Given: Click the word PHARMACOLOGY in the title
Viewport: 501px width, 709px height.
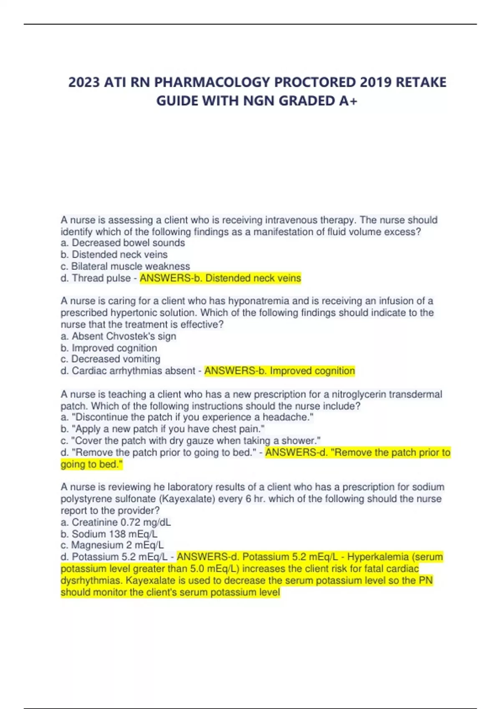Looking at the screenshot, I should (x=212, y=82).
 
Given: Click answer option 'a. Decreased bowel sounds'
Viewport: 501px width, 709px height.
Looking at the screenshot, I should (x=123, y=243).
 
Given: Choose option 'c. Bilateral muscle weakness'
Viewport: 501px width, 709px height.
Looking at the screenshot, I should (x=125, y=266).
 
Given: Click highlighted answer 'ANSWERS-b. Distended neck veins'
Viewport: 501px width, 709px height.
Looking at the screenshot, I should (x=220, y=278).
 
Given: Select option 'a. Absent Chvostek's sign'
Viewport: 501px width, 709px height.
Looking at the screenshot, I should (x=119, y=336).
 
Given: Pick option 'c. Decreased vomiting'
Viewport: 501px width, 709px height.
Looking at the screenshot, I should (x=111, y=359).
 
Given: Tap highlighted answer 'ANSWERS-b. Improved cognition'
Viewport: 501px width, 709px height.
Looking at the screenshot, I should (x=280, y=371).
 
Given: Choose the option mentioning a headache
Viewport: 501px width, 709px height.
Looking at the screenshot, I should (x=187, y=417).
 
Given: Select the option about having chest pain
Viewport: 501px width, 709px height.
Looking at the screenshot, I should (x=162, y=429).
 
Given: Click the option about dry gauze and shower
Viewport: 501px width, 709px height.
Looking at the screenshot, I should (x=190, y=440).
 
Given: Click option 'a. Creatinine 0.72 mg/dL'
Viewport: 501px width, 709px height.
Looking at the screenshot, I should (x=116, y=522).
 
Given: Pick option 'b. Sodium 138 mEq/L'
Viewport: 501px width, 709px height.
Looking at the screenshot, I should (x=109, y=534).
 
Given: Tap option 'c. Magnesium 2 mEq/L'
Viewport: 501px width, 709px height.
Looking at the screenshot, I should (x=112, y=545).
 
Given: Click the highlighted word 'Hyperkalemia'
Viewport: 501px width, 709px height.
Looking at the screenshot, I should (x=377, y=557).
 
